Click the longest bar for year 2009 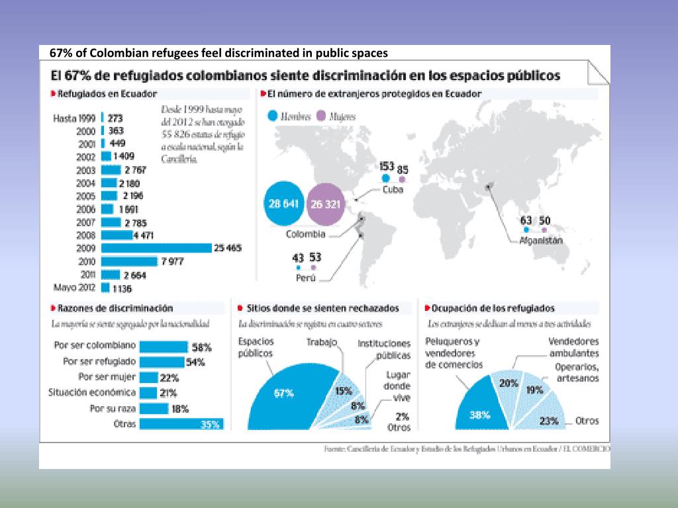[x=156, y=248]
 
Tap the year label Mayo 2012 [x=73, y=288]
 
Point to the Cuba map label [x=393, y=189]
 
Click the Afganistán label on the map [x=541, y=240]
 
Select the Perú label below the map [x=305, y=278]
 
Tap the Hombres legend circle [x=273, y=116]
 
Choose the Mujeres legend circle [x=322, y=116]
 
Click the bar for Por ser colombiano [x=164, y=347]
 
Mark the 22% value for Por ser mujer [x=169, y=377]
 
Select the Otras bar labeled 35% [x=181, y=425]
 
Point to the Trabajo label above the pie [x=322, y=343]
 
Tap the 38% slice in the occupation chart [x=481, y=413]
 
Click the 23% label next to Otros [x=549, y=421]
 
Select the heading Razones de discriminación [x=115, y=308]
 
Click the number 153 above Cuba [x=386, y=166]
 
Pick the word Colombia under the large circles [x=305, y=234]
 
